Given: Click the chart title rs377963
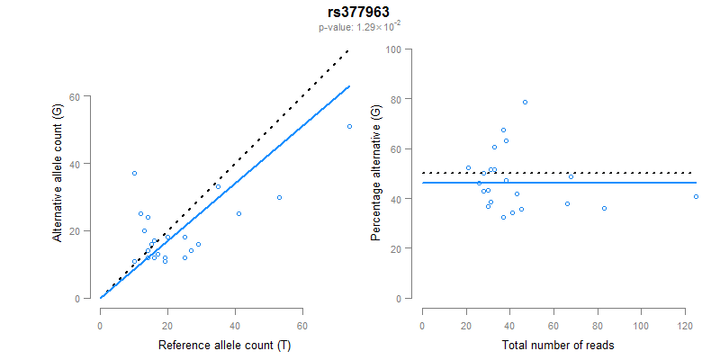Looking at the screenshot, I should coord(359,13).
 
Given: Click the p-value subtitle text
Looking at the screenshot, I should coord(359,27).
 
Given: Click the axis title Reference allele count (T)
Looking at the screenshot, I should coord(223,345).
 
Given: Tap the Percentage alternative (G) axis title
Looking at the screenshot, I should coord(377,174).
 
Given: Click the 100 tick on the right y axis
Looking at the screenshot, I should coord(393,49).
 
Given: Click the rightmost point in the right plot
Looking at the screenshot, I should coord(697,196).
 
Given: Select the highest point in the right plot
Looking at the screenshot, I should coord(526,102).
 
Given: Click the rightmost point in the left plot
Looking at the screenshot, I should coord(349,126).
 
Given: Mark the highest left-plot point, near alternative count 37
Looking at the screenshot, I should coord(134,173).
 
